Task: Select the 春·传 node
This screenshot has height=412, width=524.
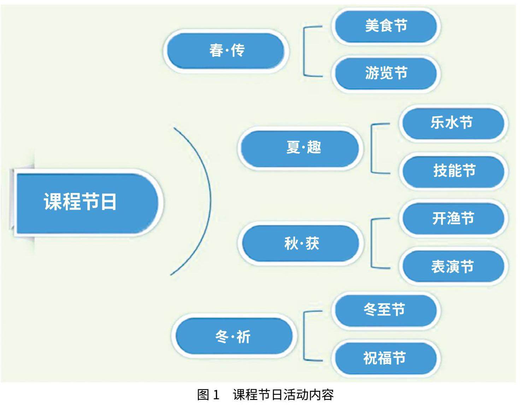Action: pyautogui.click(x=226, y=51)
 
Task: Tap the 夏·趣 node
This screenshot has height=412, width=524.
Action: pyautogui.click(x=300, y=148)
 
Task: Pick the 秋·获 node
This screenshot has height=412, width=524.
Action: pyautogui.click(x=300, y=244)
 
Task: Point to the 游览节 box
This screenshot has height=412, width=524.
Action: pyautogui.click(x=386, y=74)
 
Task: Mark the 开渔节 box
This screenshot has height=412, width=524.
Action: pyautogui.click(x=453, y=218)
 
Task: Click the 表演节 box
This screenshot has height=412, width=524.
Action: pyautogui.click(x=453, y=266)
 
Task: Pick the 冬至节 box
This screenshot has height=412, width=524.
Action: pyautogui.click(x=385, y=310)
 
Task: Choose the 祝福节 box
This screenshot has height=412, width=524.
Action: pyautogui.click(x=385, y=358)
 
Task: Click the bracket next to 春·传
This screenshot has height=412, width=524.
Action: pyautogui.click(x=305, y=51)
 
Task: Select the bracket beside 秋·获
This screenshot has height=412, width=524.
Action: pyautogui.click(x=372, y=243)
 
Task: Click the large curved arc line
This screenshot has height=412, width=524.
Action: pyautogui.click(x=210, y=200)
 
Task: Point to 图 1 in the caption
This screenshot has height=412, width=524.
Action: pyautogui.click(x=208, y=395)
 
